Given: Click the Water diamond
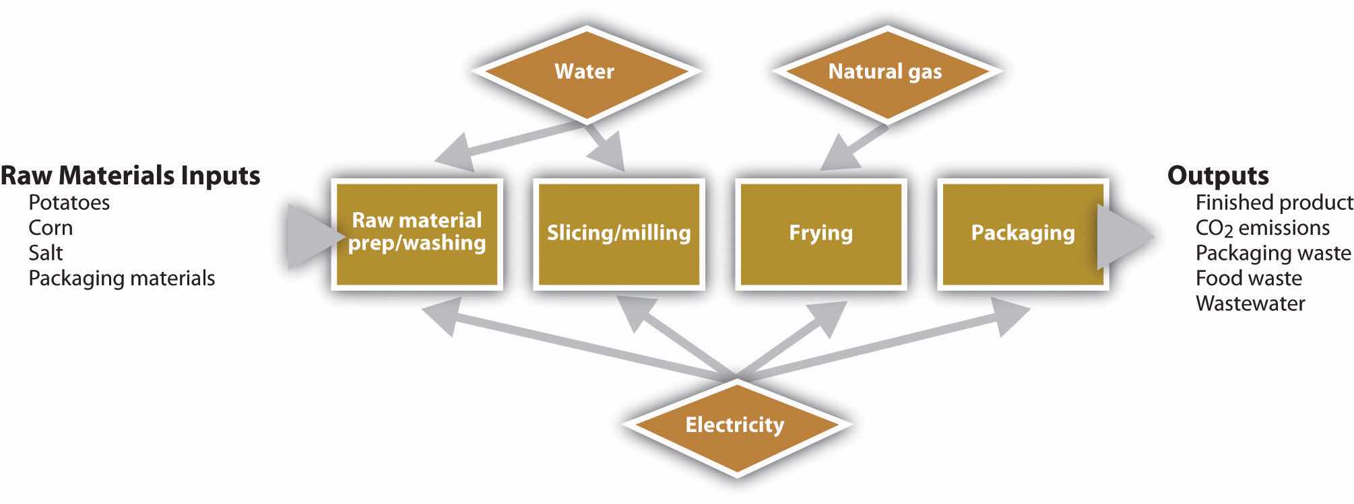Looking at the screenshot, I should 584,71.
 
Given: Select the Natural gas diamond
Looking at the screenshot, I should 884,71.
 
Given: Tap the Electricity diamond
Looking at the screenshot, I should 734,425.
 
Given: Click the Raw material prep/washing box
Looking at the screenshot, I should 417,233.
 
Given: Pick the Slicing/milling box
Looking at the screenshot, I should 618,233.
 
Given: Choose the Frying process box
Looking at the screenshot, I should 820,233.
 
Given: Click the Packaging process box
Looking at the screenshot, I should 1023,233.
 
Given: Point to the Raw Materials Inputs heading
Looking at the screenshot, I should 130,176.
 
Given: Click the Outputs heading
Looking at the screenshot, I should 1218,176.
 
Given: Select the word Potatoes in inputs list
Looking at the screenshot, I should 69,203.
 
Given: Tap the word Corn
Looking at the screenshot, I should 51,227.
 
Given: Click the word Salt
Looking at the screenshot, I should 45,253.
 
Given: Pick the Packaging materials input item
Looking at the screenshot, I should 121,278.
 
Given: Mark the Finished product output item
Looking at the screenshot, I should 1274,203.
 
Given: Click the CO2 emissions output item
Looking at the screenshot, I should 1262,228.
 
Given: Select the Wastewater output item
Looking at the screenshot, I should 1250,303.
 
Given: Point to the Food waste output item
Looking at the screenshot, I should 1248,278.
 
